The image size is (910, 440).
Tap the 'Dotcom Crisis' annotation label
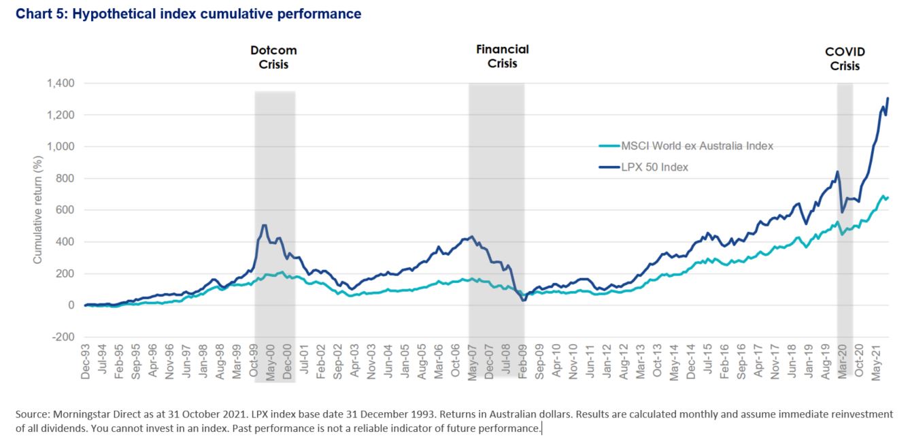(x=274, y=57)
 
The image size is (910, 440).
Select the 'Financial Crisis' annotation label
(x=503, y=56)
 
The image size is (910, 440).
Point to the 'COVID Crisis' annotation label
(x=845, y=58)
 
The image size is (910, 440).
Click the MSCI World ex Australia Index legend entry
(x=696, y=146)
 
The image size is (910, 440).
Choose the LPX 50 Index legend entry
(x=655, y=167)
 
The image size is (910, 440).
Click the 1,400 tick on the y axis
(x=61, y=83)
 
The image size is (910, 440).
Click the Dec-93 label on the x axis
(x=86, y=365)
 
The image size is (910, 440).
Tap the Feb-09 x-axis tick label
(x=522, y=365)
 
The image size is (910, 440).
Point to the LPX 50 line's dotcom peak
(x=264, y=225)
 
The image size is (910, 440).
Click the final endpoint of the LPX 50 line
(x=888, y=99)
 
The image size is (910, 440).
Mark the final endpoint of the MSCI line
(x=888, y=197)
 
